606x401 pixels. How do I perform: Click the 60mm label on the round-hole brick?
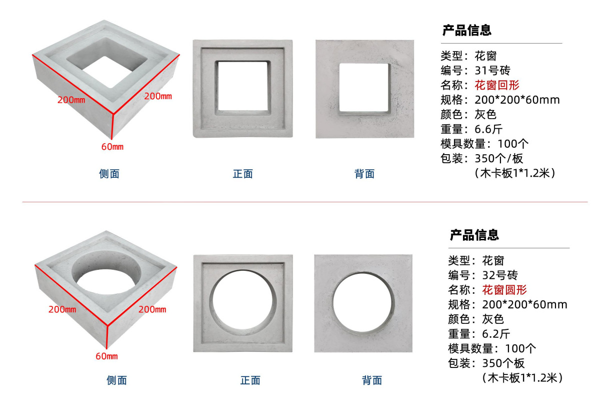point(106,356)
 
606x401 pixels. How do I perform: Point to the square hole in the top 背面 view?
point(363,87)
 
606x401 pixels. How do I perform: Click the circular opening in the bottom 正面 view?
point(243,303)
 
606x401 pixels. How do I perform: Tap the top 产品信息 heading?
point(466,30)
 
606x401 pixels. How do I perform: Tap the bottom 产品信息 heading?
point(474,235)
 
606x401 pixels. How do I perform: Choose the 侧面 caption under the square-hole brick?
point(109,174)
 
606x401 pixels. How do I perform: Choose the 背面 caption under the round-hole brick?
point(372,380)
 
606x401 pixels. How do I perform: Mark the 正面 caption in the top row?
point(242,174)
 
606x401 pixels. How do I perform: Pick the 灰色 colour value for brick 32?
point(493,319)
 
